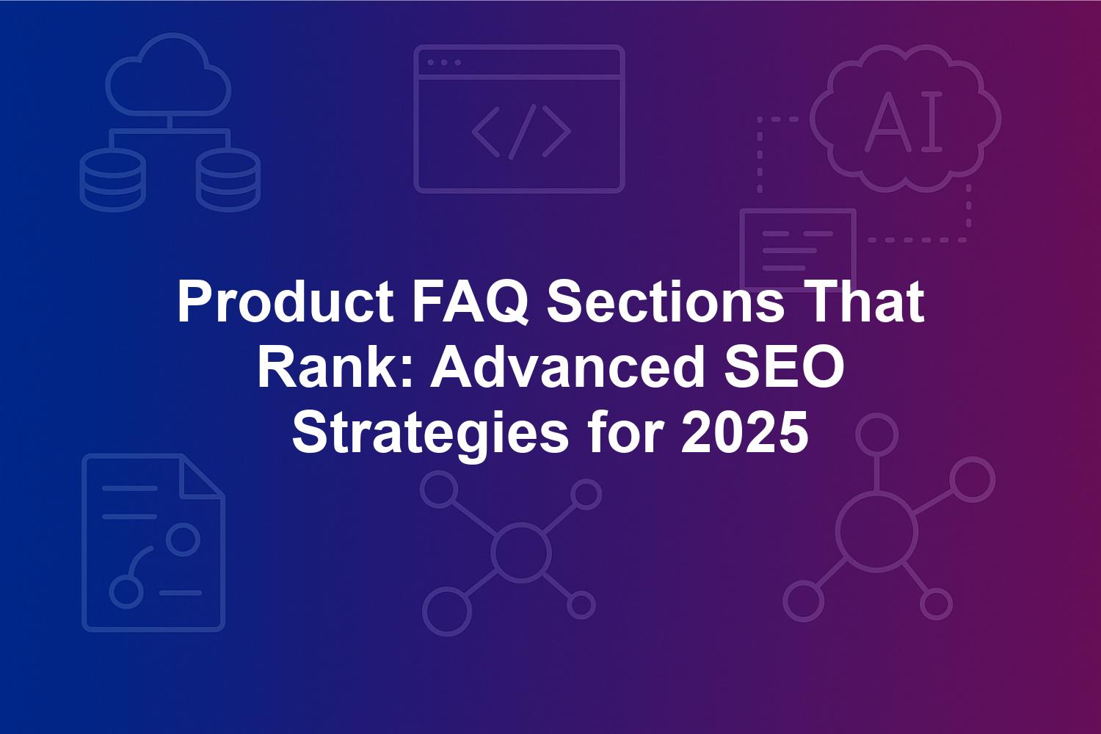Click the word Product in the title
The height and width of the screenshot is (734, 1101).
pyautogui.click(x=285, y=301)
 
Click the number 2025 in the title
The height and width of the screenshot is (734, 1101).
pyautogui.click(x=744, y=432)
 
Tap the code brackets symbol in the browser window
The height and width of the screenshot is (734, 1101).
pyautogui.click(x=521, y=132)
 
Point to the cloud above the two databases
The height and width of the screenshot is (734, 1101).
pyautogui.click(x=168, y=74)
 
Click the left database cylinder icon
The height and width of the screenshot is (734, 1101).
pyautogui.click(x=112, y=181)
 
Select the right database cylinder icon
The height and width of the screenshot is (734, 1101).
pyautogui.click(x=228, y=181)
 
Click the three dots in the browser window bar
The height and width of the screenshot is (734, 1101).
pyautogui.click(x=444, y=62)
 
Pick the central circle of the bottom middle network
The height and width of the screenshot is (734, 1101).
pyautogui.click(x=520, y=552)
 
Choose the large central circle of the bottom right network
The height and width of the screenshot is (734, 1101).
pyautogui.click(x=876, y=533)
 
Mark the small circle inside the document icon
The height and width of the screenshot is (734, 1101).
pyautogui.click(x=183, y=539)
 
